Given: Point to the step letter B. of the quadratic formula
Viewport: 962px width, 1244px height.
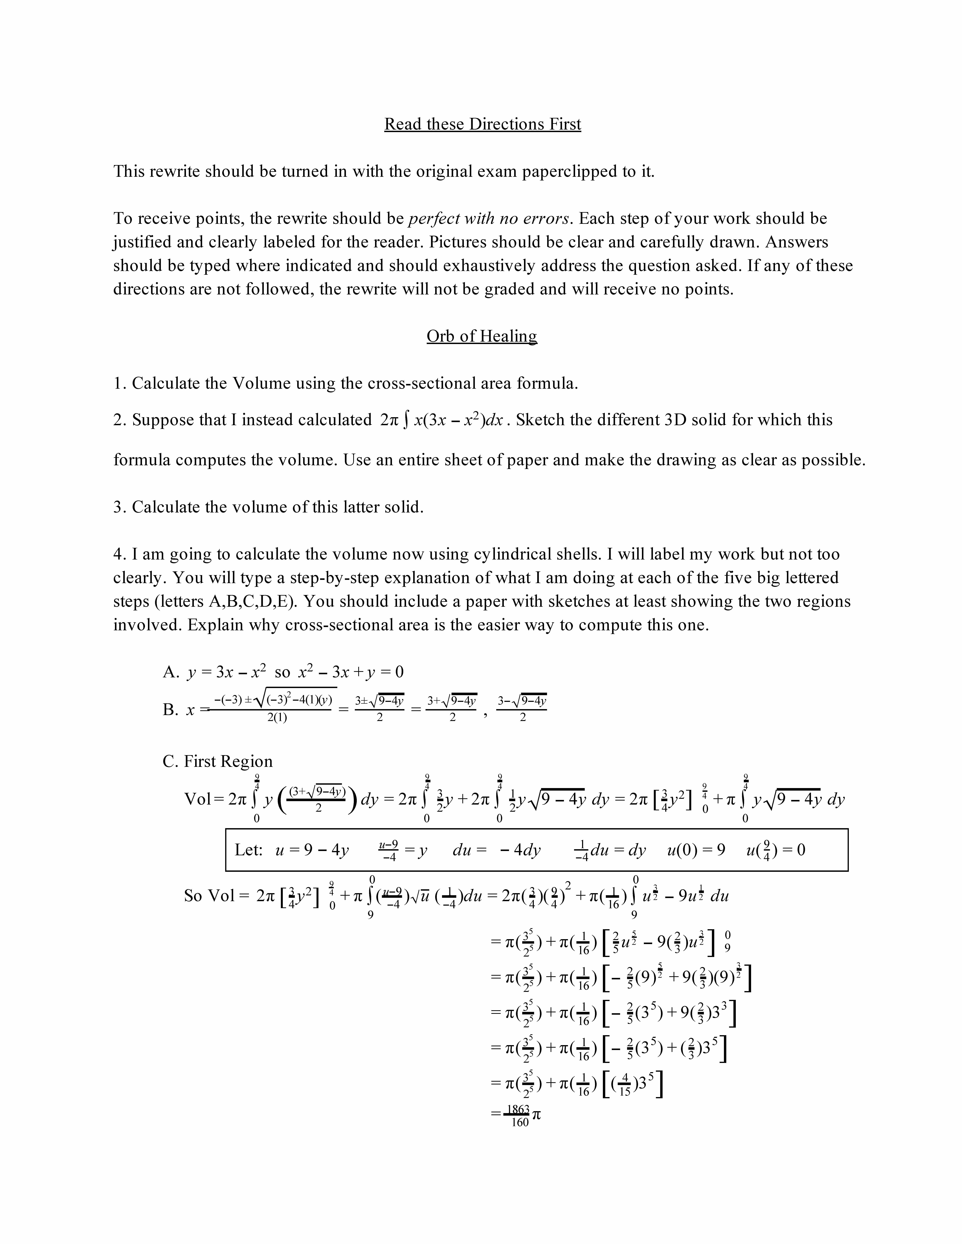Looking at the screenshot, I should point(171,710).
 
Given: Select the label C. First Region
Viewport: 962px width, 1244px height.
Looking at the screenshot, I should point(218,762).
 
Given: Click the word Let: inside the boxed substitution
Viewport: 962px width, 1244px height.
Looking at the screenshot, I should point(248,850).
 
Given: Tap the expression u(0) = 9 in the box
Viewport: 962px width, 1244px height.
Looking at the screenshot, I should point(696,850).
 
